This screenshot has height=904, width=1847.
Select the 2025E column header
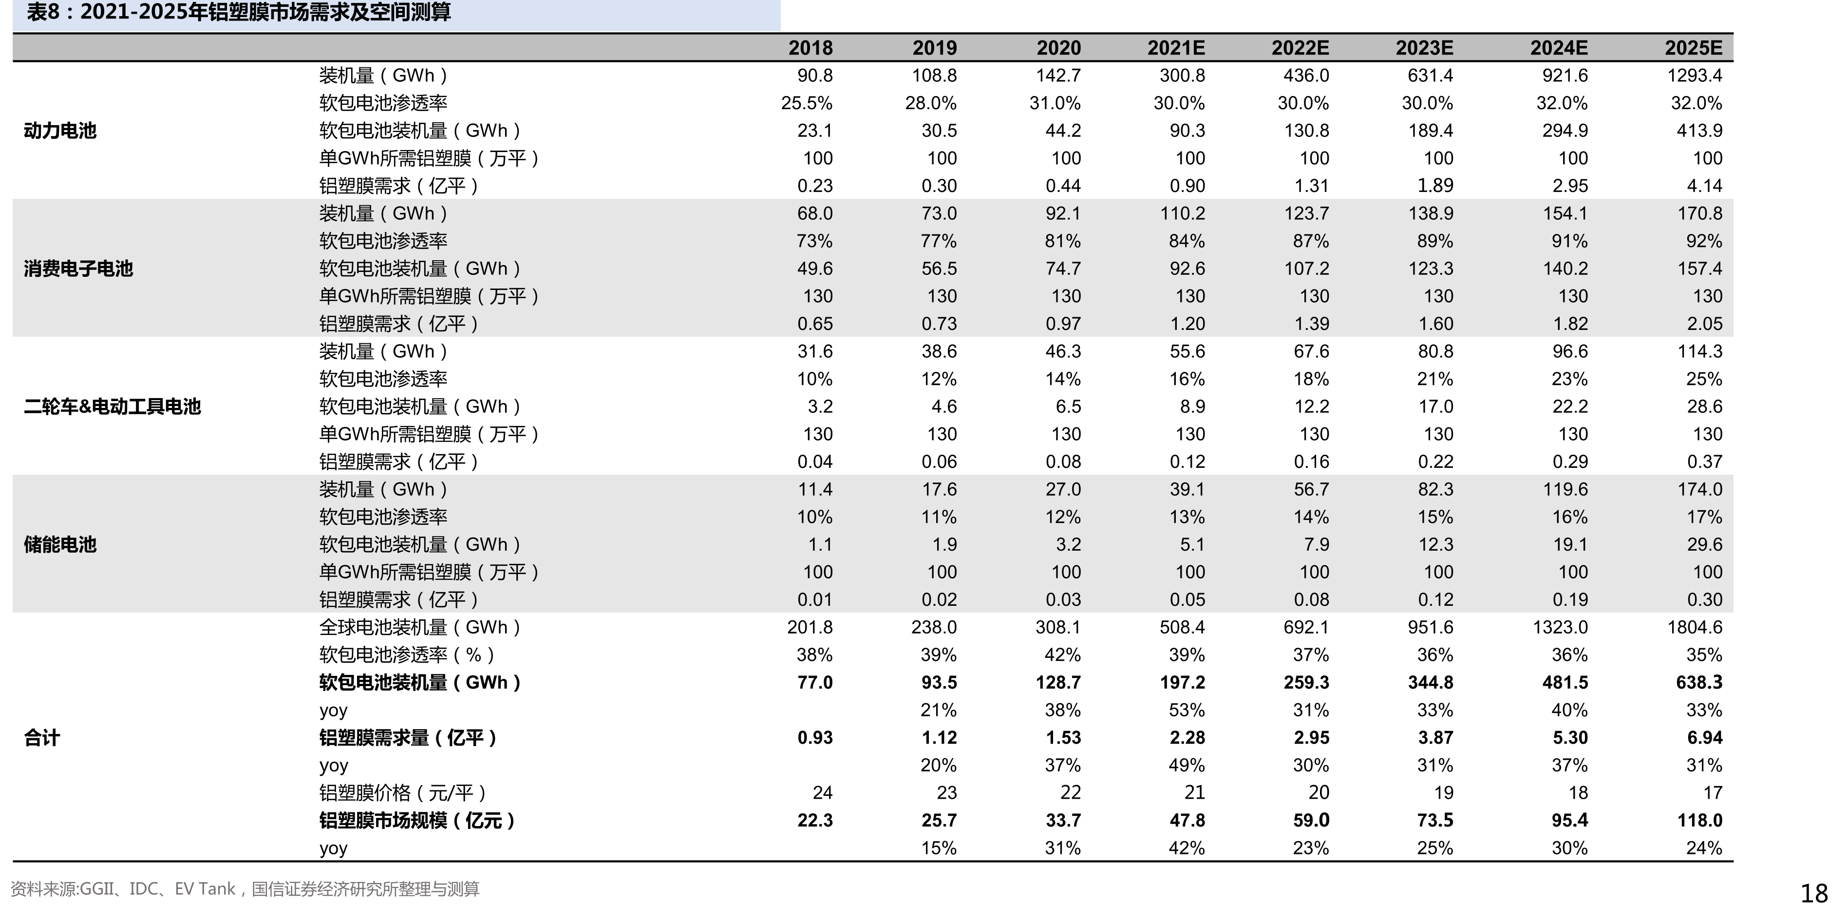tap(1693, 48)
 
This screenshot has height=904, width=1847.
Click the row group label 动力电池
tap(60, 131)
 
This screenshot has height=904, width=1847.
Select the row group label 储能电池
tap(60, 544)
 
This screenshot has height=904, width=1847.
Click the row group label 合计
tap(41, 737)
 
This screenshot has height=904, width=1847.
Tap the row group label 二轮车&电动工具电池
tap(112, 407)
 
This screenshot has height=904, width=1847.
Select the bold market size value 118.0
tap(1699, 820)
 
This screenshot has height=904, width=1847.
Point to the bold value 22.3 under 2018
tap(815, 820)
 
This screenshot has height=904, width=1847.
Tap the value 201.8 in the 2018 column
tap(810, 627)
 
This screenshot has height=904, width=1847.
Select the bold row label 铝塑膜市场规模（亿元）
tap(417, 820)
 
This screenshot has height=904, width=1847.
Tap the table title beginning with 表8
tap(239, 12)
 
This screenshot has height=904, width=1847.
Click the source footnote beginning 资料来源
tap(245, 889)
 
